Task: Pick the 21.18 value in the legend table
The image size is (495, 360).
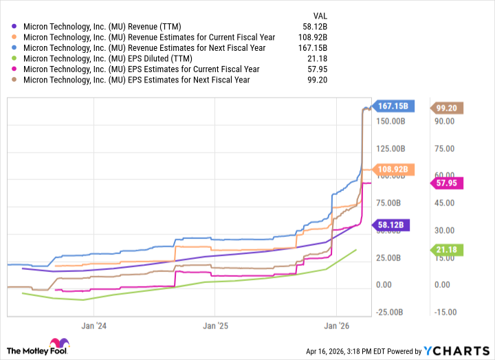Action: tap(318, 58)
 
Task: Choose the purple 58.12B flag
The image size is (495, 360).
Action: tap(393, 225)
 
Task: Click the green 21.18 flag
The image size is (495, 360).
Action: tap(447, 249)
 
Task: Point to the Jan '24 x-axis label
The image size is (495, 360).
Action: tap(94, 325)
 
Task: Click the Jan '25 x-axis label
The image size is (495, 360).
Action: tap(216, 325)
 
